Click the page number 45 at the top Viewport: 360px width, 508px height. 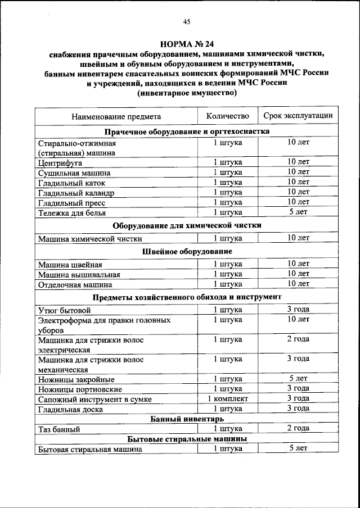(x=187, y=22)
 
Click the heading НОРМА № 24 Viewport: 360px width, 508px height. (x=187, y=43)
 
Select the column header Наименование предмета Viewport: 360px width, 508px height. (x=116, y=116)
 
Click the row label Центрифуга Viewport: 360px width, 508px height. (x=60, y=163)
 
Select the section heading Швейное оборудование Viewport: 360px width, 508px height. (x=186, y=251)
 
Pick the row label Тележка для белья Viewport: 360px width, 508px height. (x=71, y=213)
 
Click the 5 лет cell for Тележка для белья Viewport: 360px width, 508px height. (x=298, y=212)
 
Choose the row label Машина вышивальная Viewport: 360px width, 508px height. (x=79, y=275)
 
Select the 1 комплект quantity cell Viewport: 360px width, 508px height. (x=227, y=398)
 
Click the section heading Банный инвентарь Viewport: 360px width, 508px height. (x=186, y=419)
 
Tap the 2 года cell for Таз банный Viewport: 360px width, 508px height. (x=298, y=428)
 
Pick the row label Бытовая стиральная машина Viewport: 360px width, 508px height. (x=89, y=449)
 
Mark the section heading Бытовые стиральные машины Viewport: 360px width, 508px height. (x=186, y=439)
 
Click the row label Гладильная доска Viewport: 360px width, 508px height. (x=70, y=409)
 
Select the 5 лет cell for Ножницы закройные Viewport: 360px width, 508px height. (x=298, y=378)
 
